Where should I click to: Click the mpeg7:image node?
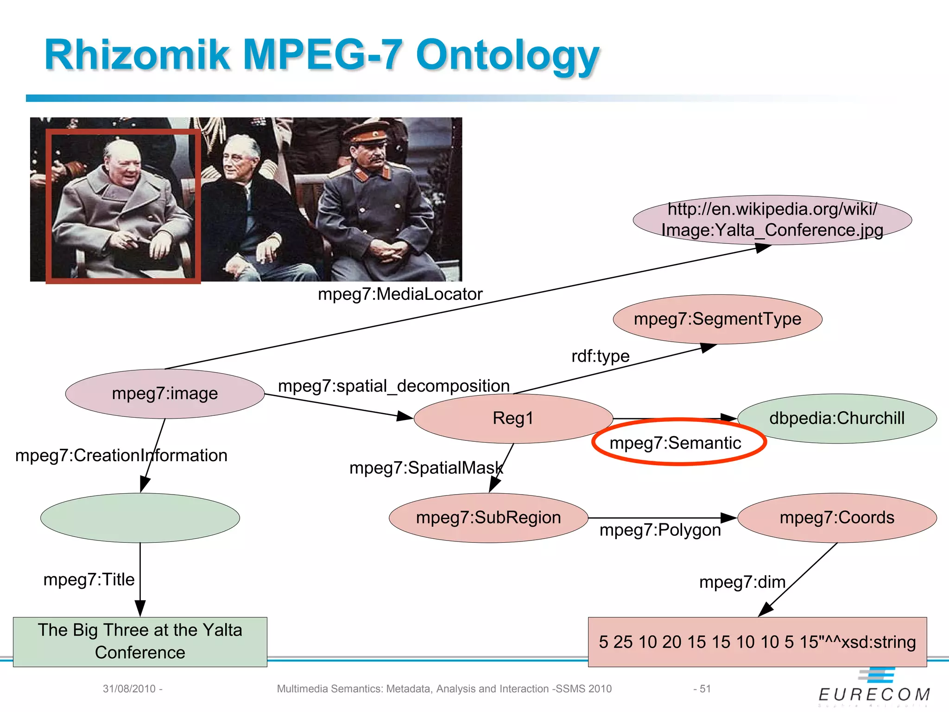tap(165, 394)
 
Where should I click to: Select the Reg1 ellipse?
tap(513, 418)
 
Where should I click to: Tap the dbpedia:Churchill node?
tap(837, 418)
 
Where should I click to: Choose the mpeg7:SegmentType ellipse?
tap(717, 319)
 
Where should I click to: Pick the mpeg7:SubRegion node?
tap(488, 517)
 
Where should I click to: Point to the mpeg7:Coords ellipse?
tap(837, 517)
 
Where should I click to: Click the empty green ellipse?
tap(140, 518)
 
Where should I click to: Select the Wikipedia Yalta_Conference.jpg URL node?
tap(772, 220)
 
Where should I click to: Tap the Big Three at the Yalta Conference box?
tap(140, 642)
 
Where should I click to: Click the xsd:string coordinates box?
tap(757, 642)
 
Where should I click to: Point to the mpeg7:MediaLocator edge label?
tap(400, 294)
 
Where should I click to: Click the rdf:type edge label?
tap(600, 356)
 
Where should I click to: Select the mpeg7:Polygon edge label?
tap(660, 530)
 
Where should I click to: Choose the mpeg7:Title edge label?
tap(89, 579)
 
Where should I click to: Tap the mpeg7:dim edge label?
tap(742, 582)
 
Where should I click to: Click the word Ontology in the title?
tap(507, 56)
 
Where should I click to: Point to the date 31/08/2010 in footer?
tap(129, 689)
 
